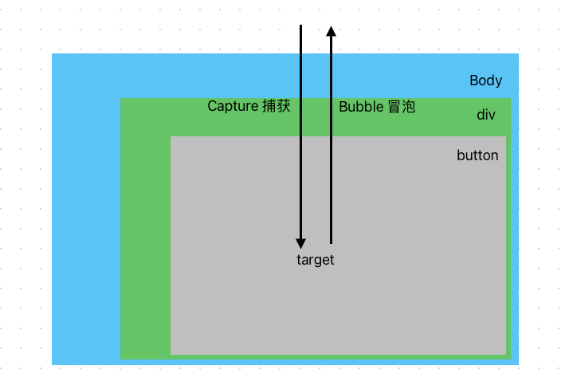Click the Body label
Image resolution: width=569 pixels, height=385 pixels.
tap(485, 81)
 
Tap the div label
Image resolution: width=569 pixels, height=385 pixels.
tap(486, 115)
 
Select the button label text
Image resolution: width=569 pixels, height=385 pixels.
tap(477, 155)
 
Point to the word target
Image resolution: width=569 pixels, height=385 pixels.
tap(315, 260)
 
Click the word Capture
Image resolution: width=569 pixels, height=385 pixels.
tap(232, 106)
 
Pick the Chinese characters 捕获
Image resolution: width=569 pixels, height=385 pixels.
tap(276, 106)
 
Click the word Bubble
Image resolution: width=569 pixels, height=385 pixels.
tap(361, 107)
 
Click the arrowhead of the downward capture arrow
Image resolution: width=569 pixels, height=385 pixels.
tap(300, 242)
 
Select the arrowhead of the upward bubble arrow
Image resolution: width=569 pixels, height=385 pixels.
tap(331, 30)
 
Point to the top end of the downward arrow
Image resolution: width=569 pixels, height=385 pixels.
tap(300, 26)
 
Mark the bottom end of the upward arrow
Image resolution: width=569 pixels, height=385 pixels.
tap(331, 242)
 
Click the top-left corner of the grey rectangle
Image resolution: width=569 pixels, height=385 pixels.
tap(171, 137)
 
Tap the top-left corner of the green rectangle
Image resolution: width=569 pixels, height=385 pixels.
tap(121, 100)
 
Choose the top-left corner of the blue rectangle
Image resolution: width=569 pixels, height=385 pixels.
tap(53, 54)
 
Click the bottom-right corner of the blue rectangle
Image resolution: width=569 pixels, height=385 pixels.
tap(518, 364)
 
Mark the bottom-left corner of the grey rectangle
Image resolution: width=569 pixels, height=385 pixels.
tap(171, 353)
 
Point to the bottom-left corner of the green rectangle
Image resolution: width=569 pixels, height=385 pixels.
tap(121, 359)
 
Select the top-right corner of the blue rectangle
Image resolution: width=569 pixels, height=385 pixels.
tap(518, 54)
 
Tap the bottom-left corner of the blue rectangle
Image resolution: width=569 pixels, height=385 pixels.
tap(53, 364)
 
